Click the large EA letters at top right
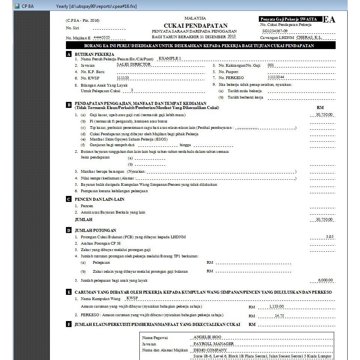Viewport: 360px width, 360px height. pos(329,20)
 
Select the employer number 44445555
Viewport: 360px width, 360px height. pos(102,37)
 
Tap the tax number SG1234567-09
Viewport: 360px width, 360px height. pos(275,31)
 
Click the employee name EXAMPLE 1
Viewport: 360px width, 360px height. pos(170,58)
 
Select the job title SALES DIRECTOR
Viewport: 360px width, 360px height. pos(133,64)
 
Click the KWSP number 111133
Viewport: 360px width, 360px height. pos(123,78)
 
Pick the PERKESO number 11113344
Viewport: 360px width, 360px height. pos(276,77)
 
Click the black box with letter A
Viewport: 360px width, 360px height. pos(69,54)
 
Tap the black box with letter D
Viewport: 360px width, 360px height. pos(69,230)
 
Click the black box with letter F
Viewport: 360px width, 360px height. pos(69,324)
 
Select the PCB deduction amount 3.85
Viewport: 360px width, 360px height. pos(329,237)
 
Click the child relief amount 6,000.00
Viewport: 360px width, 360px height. pos(325,280)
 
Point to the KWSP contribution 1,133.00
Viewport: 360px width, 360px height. pos(276,306)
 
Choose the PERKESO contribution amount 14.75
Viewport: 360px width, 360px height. pos(279,315)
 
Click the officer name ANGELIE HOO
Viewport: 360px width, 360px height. pos(207,337)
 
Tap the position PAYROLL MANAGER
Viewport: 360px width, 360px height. pos(214,344)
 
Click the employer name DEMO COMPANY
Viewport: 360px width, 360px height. pos(210,350)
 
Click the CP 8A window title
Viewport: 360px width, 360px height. pos(28,6)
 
